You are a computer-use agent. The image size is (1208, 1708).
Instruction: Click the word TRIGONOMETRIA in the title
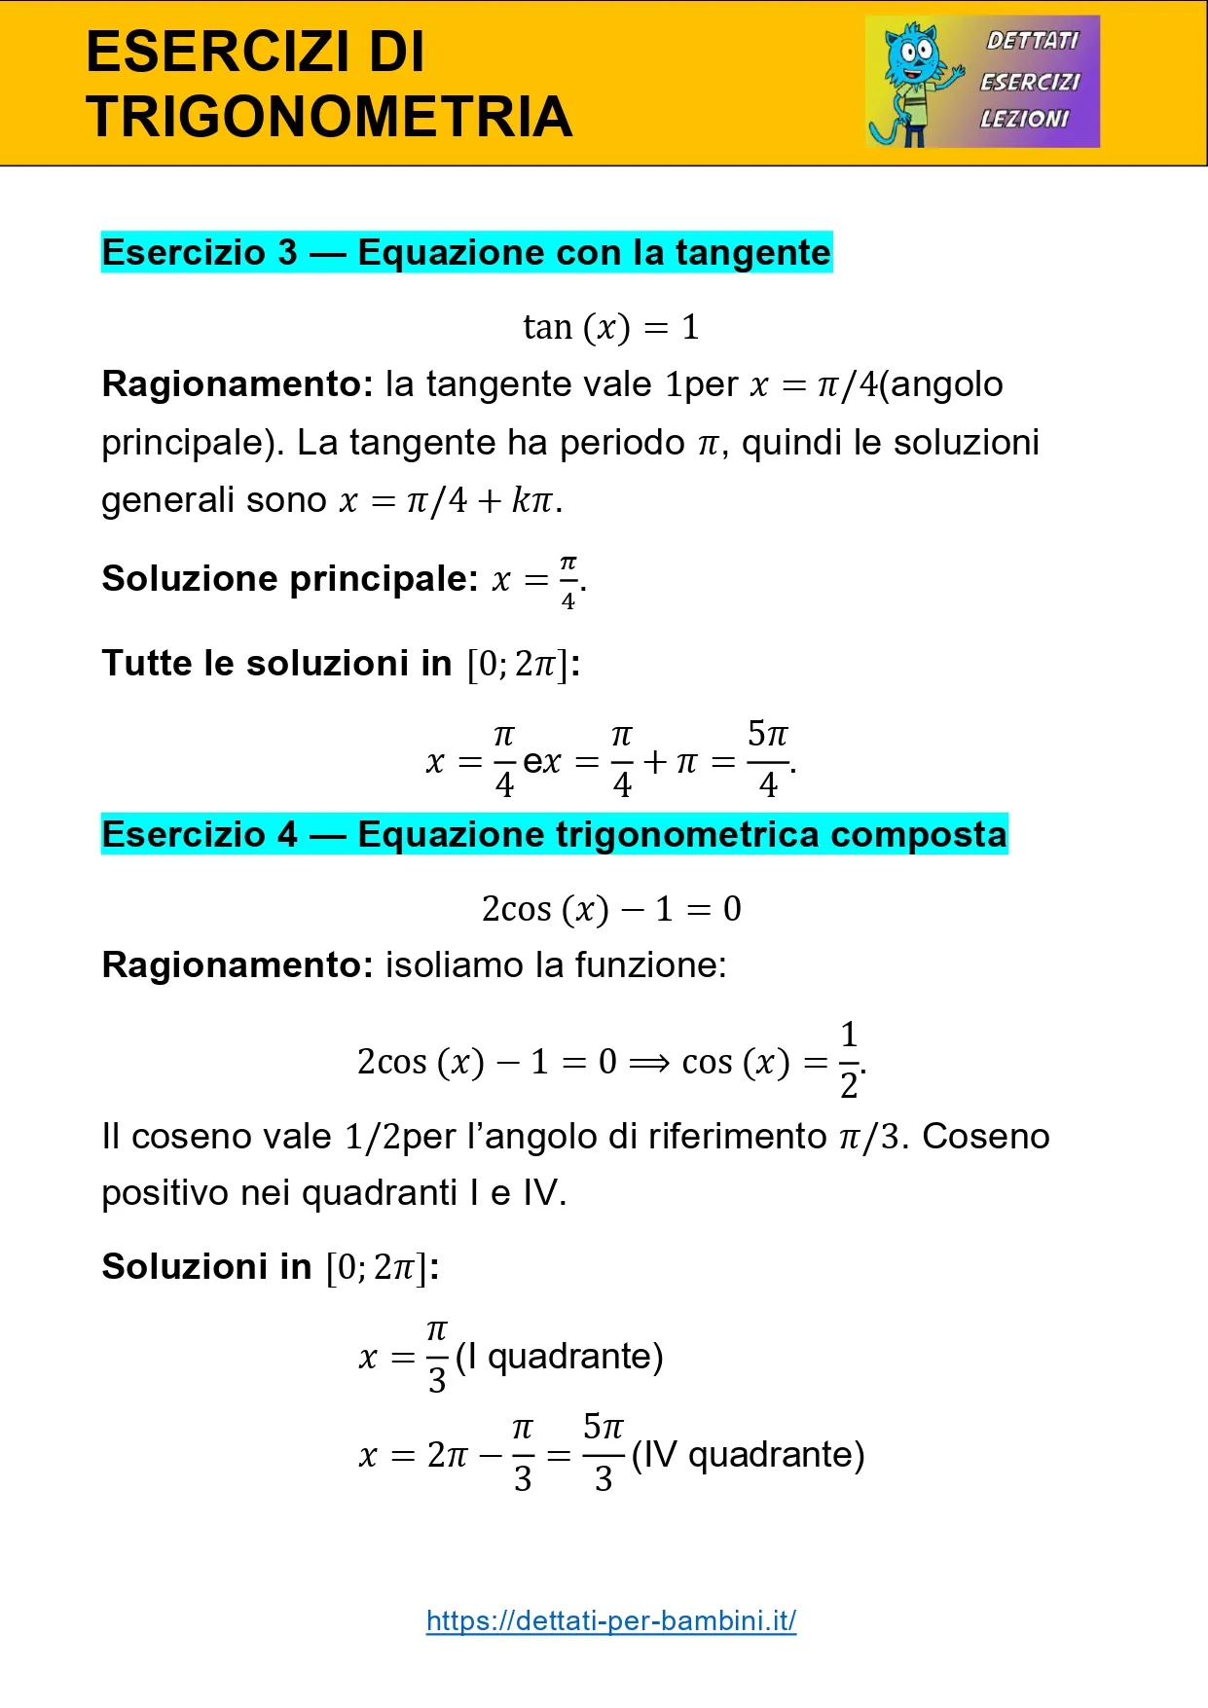329,117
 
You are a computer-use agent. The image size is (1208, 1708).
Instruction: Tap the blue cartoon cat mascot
912,83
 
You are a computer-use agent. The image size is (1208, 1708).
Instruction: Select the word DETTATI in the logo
1032,41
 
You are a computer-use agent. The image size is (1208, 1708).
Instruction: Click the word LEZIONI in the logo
1024,119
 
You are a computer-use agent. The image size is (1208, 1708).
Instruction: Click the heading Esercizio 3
200,253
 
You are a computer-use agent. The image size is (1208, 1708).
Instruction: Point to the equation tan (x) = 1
611,327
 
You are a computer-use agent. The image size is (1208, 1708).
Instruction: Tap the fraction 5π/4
768,759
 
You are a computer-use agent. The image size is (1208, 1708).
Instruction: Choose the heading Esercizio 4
200,835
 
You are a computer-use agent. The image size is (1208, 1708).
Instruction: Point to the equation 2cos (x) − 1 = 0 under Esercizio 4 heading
611,909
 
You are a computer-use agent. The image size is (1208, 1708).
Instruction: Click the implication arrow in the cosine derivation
649,1062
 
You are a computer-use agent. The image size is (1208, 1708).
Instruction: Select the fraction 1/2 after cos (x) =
849,1060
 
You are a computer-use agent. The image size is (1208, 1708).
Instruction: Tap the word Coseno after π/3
986,1137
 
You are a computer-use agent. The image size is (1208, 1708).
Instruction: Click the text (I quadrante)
560,1357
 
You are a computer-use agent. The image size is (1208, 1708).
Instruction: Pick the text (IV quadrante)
748,1455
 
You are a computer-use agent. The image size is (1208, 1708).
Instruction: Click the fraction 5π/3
604,1453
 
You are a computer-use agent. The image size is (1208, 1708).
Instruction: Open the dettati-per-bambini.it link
611,1621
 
